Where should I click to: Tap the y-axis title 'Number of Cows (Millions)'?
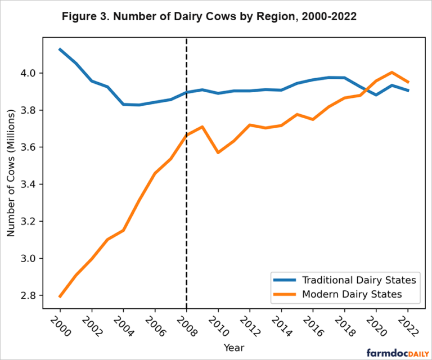point(11,175)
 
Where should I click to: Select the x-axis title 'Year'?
point(233,348)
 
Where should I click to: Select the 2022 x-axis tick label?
point(406,325)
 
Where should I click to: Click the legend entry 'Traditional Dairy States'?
point(359,280)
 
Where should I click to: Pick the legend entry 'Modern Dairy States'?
point(352,294)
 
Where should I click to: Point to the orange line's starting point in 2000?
point(60,296)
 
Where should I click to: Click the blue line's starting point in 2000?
point(60,49)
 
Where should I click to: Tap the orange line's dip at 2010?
point(218,152)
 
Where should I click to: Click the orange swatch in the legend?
point(285,294)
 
